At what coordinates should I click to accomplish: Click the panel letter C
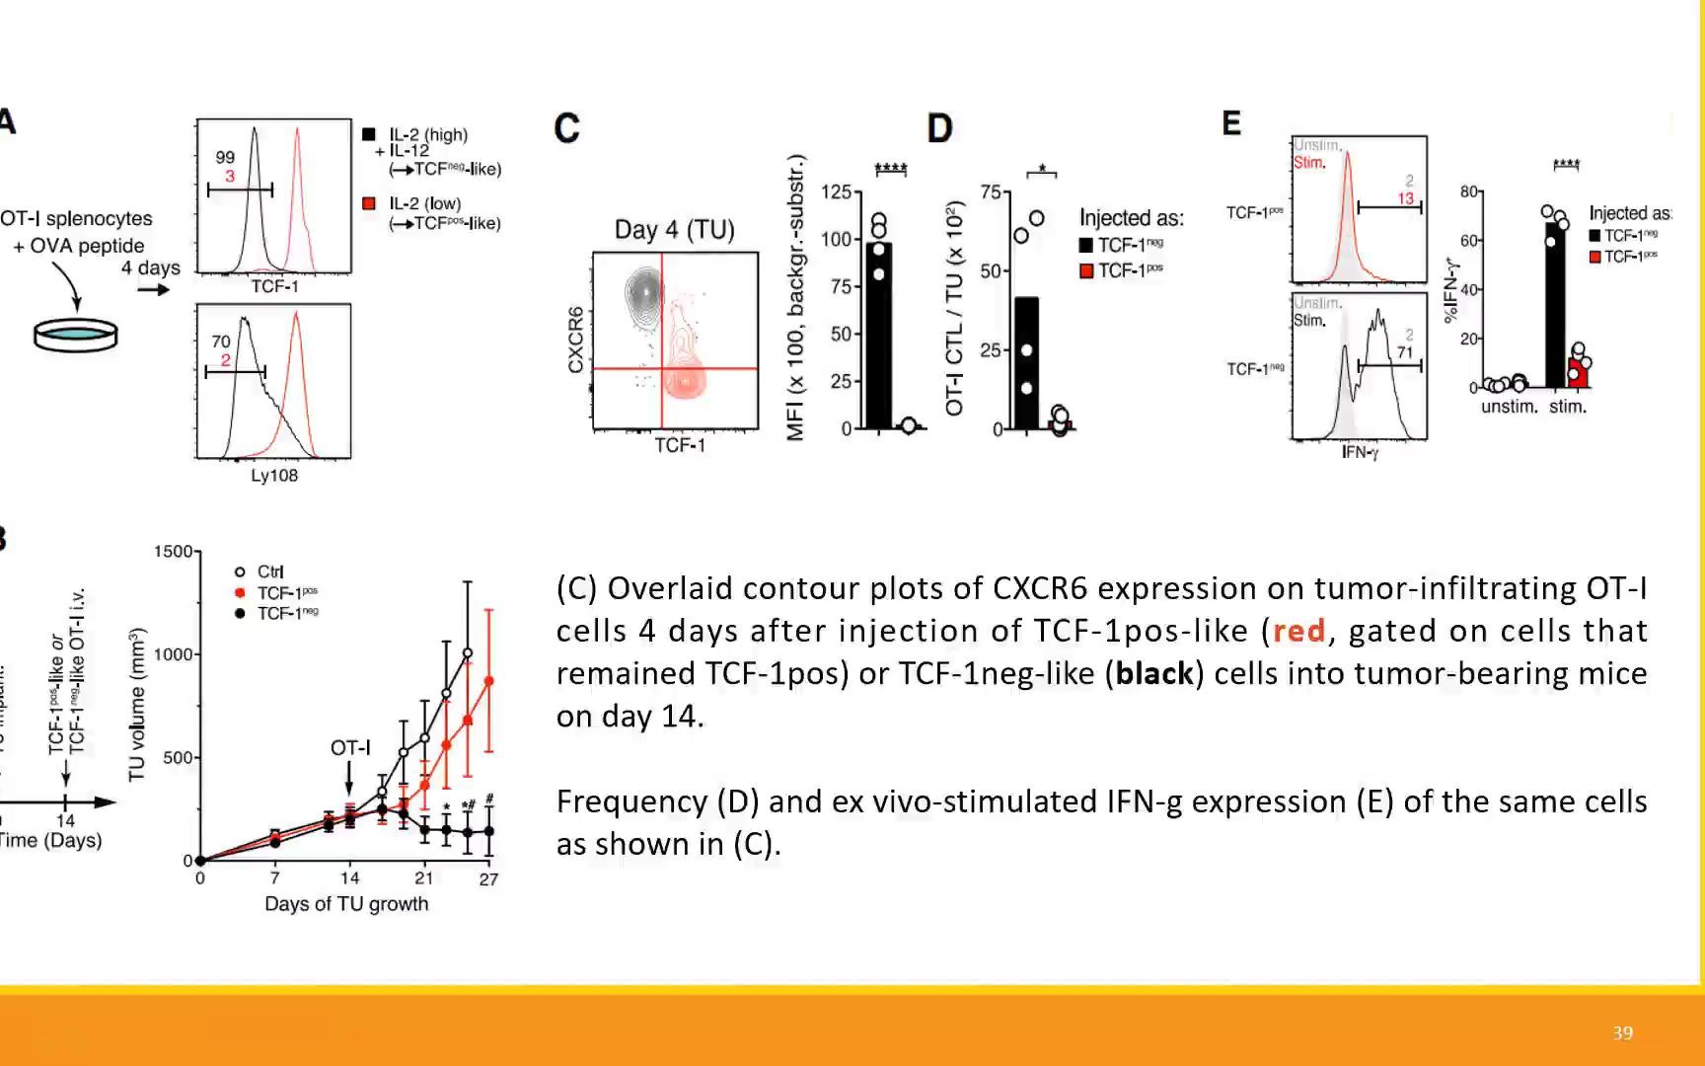[566, 128]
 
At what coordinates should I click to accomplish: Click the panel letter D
[939, 128]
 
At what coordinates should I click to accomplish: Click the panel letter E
[1231, 123]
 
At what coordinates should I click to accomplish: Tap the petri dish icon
[76, 334]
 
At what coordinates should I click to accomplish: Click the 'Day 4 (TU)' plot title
[675, 230]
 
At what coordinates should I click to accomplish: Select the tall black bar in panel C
[878, 336]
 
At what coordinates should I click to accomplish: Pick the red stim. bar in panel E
[1579, 372]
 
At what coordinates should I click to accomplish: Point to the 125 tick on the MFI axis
[835, 191]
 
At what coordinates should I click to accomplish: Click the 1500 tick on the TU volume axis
[173, 552]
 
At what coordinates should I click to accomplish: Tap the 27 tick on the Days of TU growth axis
[488, 878]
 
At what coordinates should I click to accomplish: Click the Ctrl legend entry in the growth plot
[269, 571]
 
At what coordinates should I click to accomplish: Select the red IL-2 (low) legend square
[369, 203]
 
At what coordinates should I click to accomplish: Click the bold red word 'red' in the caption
[1298, 631]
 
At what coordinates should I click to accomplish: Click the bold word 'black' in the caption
[1154, 673]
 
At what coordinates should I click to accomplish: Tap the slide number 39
[1623, 1032]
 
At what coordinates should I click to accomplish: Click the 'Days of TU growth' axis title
[346, 904]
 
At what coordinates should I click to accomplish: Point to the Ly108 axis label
[274, 476]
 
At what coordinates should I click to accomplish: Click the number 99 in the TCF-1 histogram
[225, 157]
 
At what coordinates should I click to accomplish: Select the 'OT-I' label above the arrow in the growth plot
[350, 748]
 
